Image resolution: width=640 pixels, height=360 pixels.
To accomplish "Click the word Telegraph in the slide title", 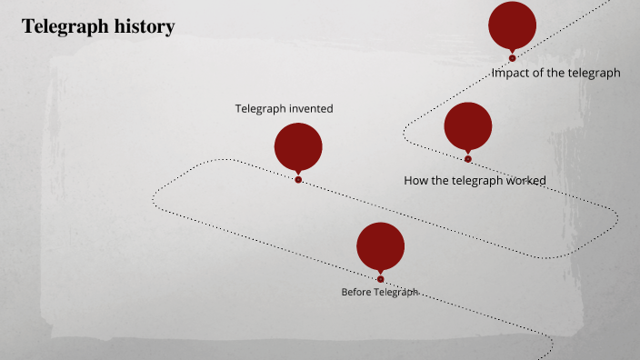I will pyautogui.click(x=61, y=27).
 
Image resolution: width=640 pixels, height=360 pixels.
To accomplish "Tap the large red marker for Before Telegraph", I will pyautogui.click(x=380, y=245).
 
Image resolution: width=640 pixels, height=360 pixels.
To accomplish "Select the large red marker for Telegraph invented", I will pyautogui.click(x=298, y=146).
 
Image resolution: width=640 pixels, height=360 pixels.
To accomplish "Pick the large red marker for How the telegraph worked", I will pyautogui.click(x=468, y=125).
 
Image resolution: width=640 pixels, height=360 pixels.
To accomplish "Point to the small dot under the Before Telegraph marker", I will pyautogui.click(x=381, y=279).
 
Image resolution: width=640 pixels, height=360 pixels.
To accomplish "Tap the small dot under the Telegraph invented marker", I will pyautogui.click(x=298, y=180).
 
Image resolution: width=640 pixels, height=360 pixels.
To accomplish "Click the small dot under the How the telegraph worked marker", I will pyautogui.click(x=468, y=159).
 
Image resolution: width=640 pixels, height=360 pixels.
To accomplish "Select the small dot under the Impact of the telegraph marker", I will pyautogui.click(x=513, y=58).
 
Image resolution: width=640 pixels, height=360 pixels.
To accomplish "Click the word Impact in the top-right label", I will pyautogui.click(x=511, y=74).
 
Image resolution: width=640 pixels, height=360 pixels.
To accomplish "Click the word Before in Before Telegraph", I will pyautogui.click(x=356, y=293).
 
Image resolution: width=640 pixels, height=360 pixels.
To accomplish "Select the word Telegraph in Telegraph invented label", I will pyautogui.click(x=260, y=109).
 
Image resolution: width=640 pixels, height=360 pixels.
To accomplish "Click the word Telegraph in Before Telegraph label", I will pyautogui.click(x=395, y=293).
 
